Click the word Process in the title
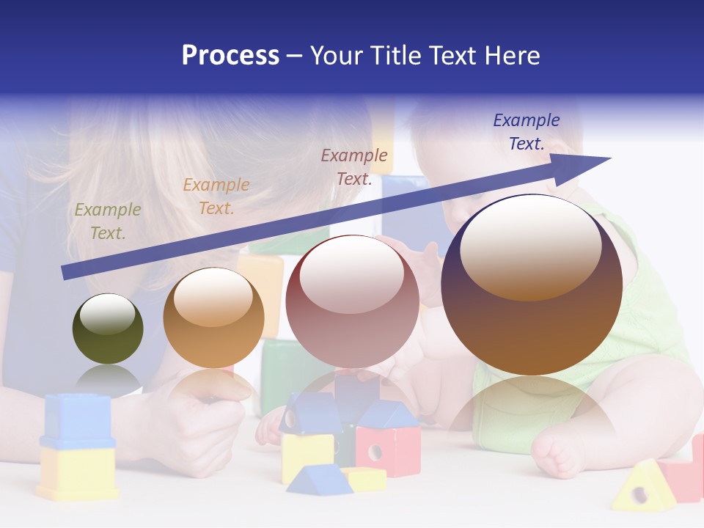coord(230,56)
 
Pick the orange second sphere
coord(213,318)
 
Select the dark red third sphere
coord(352,302)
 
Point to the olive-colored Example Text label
coord(108,221)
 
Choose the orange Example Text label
coord(216,197)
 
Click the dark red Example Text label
coord(354,167)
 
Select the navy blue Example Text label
coord(527,132)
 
